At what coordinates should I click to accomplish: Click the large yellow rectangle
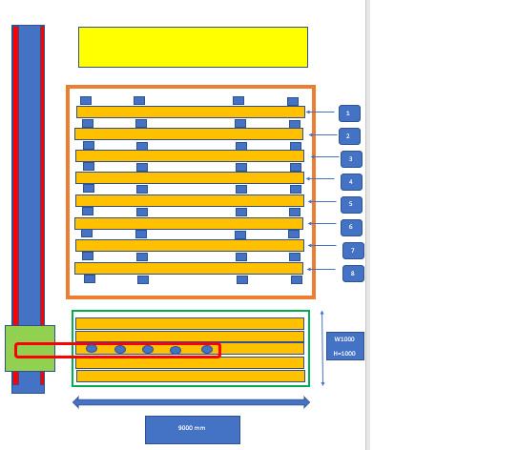click(x=193, y=48)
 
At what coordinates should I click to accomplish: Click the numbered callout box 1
click(x=349, y=113)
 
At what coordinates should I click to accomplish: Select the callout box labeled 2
click(x=349, y=136)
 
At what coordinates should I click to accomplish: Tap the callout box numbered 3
click(x=351, y=159)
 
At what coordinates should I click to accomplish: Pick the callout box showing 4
click(x=351, y=181)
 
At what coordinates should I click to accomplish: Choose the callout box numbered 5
click(x=351, y=204)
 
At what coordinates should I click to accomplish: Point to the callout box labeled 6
click(x=351, y=228)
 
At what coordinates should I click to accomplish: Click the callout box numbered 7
click(x=354, y=251)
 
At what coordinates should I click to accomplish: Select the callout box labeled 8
click(x=354, y=274)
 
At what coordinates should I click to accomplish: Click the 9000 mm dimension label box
click(x=193, y=430)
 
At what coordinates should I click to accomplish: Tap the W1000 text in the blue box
click(x=344, y=339)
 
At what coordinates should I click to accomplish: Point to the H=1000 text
click(x=344, y=354)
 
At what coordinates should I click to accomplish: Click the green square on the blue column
click(x=31, y=348)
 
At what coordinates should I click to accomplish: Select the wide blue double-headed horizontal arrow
click(x=192, y=402)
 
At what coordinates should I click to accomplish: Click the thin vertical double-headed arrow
click(x=322, y=348)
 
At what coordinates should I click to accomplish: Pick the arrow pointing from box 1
click(x=321, y=112)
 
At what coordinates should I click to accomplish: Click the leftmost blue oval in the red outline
click(x=92, y=348)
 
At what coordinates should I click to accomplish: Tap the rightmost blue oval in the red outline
click(x=207, y=349)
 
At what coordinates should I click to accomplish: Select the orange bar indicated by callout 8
click(x=189, y=269)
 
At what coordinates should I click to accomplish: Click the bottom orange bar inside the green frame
click(x=191, y=376)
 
